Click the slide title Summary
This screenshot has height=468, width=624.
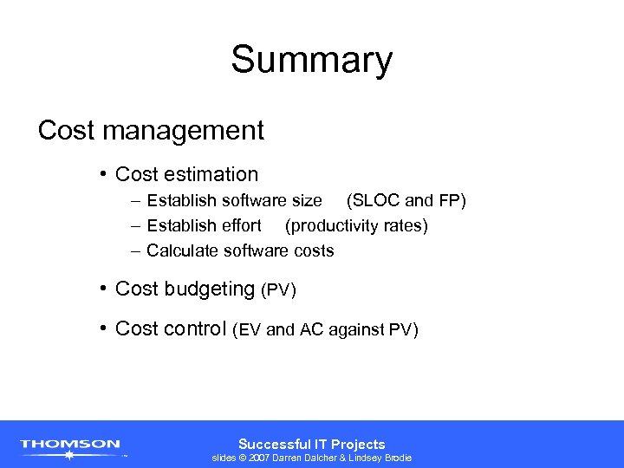pyautogui.click(x=311, y=60)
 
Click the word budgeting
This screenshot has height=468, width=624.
pyautogui.click(x=211, y=289)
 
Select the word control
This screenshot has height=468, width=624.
pyautogui.click(x=198, y=328)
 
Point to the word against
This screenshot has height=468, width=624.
pyautogui.click(x=355, y=329)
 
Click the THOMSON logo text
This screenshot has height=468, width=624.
pyautogui.click(x=70, y=444)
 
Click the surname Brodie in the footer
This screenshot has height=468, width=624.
pyautogui.click(x=394, y=458)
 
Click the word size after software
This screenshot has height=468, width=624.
pyautogui.click(x=307, y=201)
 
